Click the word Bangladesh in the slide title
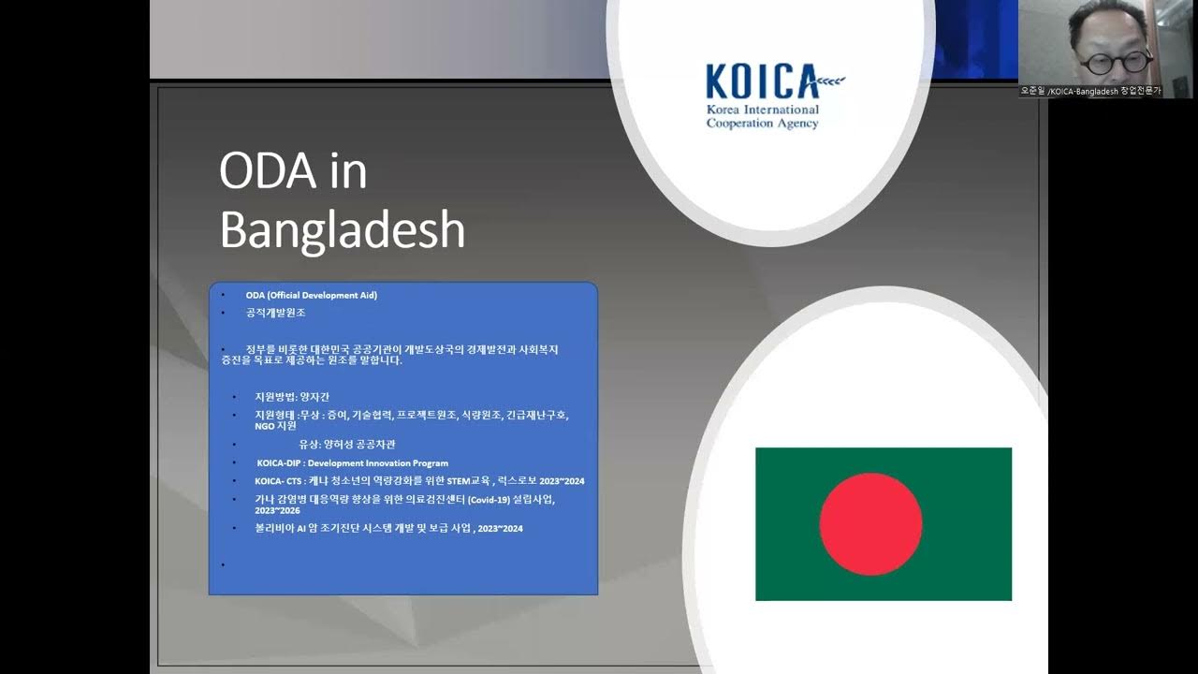(x=342, y=230)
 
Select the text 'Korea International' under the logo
(x=763, y=110)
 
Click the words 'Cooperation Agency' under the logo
(x=763, y=124)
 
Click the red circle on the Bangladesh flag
(x=870, y=523)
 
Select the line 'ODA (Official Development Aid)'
(x=312, y=295)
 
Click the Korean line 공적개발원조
(x=276, y=313)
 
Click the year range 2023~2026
(x=275, y=512)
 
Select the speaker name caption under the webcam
(x=1090, y=92)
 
